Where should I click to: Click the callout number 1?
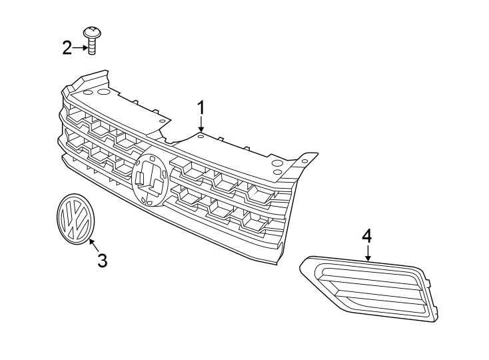(x=201, y=107)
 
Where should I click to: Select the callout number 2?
(x=67, y=47)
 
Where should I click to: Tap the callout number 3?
(x=102, y=261)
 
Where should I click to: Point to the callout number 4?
(x=367, y=235)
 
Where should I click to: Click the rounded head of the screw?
(x=91, y=31)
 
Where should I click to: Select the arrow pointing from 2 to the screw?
(x=80, y=47)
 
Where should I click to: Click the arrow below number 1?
(x=201, y=125)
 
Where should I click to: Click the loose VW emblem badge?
(x=74, y=219)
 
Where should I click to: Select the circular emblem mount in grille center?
(x=149, y=179)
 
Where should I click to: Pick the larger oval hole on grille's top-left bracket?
(x=103, y=91)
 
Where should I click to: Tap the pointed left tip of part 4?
(x=302, y=267)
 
